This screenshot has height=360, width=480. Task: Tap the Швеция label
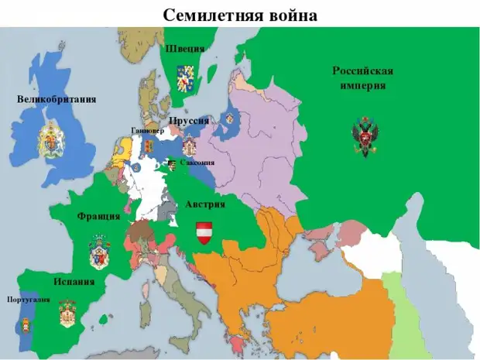tap(185, 48)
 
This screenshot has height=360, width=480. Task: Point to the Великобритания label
tap(57, 99)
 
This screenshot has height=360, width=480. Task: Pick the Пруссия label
tap(188, 122)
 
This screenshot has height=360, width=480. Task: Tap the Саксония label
tap(197, 163)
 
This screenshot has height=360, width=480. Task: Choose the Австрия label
tap(206, 204)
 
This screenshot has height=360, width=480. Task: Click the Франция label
tap(98, 216)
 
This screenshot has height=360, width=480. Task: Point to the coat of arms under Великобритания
tap(53, 139)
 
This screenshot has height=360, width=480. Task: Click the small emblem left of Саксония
tap(172, 164)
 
